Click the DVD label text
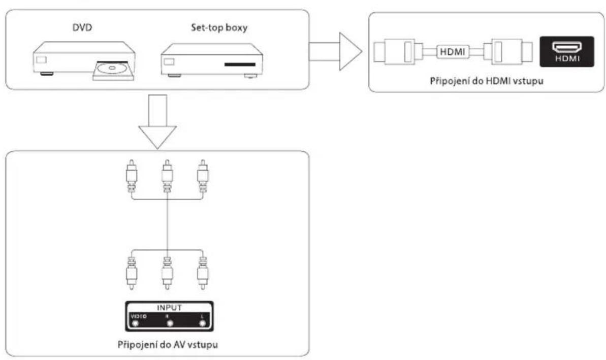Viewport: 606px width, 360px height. pos(83,28)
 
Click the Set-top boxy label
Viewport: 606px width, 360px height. pos(219,28)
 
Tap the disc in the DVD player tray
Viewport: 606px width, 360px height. pos(112,69)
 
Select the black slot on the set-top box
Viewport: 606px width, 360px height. pos(240,64)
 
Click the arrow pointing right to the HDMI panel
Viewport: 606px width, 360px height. pos(335,51)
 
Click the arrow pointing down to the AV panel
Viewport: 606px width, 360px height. pos(157,121)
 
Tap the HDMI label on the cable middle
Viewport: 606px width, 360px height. pos(453,52)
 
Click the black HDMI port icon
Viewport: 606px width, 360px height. pos(567,52)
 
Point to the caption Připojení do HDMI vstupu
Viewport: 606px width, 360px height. pos(487,81)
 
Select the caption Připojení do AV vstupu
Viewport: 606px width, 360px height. pos(168,344)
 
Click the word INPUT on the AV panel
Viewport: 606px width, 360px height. pos(169,308)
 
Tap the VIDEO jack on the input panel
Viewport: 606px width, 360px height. pos(135,323)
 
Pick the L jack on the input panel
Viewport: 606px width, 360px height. pos(202,323)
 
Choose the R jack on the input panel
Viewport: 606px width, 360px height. pos(169,323)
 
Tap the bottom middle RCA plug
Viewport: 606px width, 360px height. pos(167,273)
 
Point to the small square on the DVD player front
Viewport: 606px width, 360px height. pos(41,60)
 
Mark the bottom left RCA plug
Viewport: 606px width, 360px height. pos(132,273)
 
